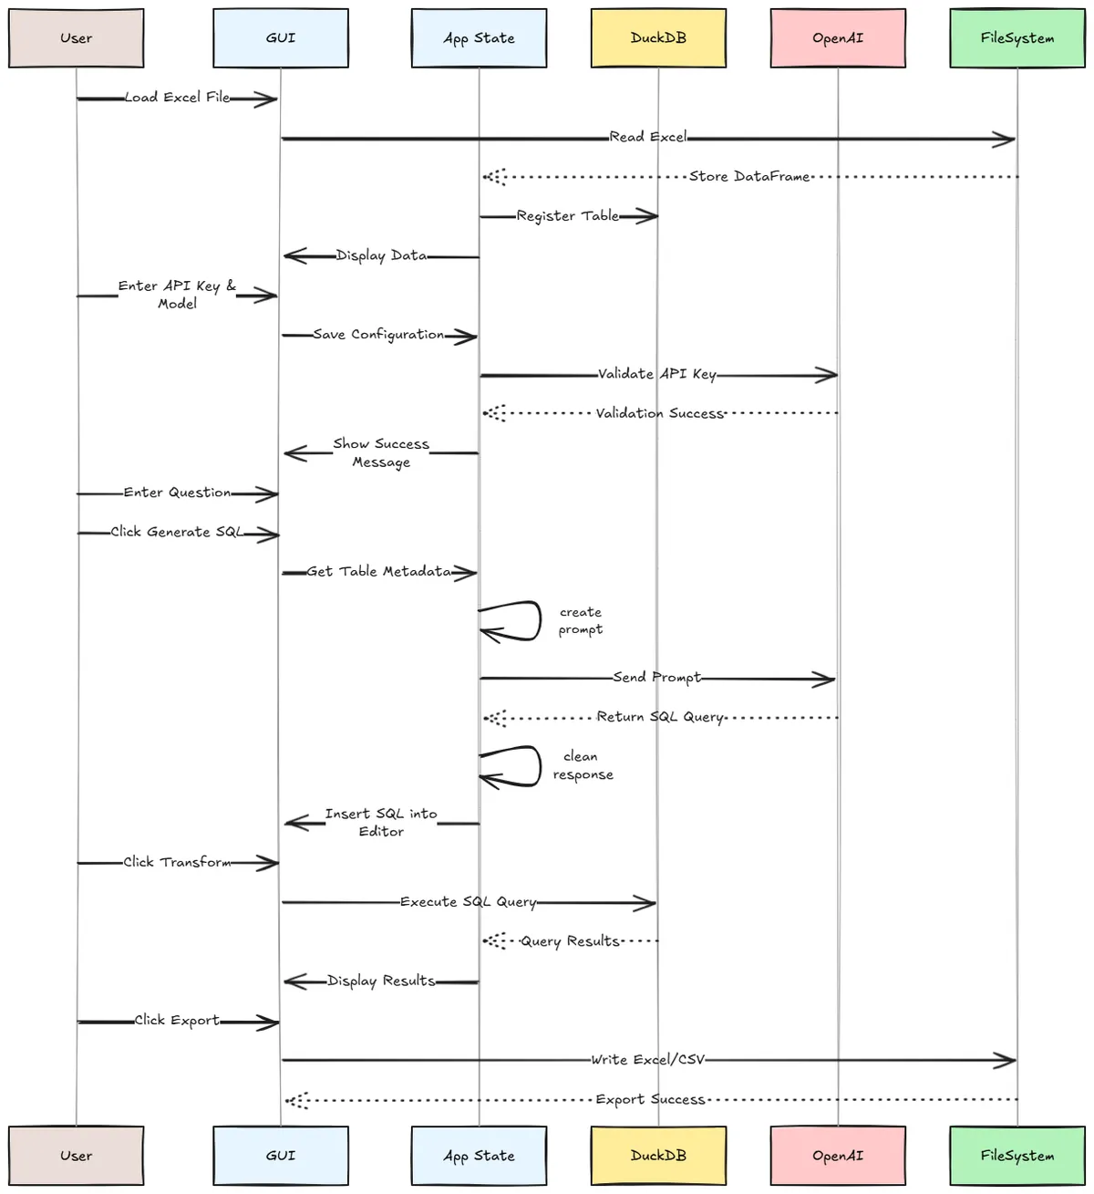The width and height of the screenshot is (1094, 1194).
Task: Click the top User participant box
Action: point(77,38)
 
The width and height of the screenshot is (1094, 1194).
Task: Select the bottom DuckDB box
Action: point(658,1156)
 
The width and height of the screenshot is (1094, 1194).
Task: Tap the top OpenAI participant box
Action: point(838,38)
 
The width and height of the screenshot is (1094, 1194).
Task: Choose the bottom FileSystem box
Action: point(1017,1156)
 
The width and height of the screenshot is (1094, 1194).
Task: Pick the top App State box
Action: point(479,38)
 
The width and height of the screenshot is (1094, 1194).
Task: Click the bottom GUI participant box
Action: point(281,1156)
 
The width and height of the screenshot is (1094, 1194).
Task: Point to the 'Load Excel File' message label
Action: point(178,98)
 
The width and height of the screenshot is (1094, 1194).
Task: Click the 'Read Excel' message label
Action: point(648,137)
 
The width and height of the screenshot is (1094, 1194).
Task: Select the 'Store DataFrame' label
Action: point(749,177)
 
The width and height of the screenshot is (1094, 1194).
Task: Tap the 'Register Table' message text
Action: point(568,216)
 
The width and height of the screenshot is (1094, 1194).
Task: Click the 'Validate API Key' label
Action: point(657,374)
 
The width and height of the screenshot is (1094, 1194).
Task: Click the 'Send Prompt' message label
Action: point(657,678)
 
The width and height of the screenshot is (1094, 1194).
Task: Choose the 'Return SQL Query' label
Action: point(660,718)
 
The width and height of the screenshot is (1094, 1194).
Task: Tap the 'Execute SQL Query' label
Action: point(469,902)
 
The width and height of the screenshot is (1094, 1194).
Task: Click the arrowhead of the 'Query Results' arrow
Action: point(493,940)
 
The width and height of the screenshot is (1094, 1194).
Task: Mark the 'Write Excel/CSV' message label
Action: point(648,1060)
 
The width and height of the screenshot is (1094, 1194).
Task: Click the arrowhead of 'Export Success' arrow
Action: point(296,1100)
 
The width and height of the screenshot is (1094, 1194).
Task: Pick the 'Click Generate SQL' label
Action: point(178,532)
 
